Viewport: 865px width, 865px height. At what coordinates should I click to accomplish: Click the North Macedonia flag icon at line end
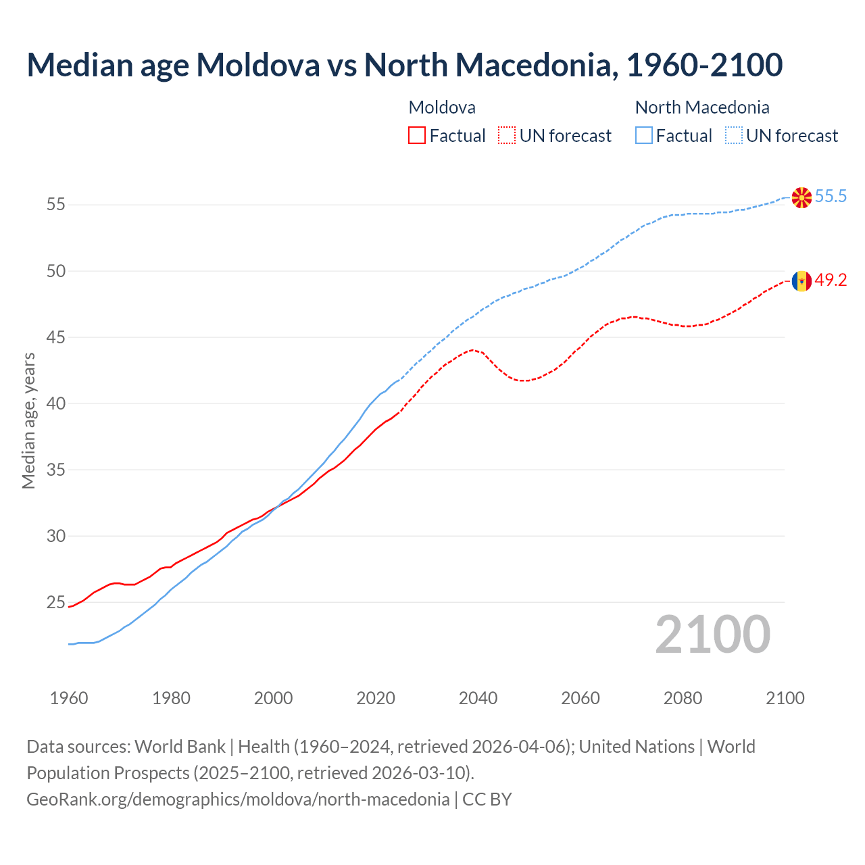[x=801, y=197]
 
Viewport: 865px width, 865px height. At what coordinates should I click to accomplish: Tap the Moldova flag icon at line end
[x=801, y=280]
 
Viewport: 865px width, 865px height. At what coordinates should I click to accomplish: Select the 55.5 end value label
[x=831, y=197]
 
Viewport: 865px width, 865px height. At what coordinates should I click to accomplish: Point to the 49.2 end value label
[x=831, y=280]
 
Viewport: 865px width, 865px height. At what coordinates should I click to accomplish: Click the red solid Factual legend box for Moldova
[x=417, y=136]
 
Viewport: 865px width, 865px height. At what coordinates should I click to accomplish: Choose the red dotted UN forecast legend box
[x=507, y=136]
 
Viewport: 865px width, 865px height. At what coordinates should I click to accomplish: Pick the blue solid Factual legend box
[x=644, y=136]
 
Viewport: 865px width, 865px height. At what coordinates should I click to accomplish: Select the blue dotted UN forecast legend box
[x=734, y=136]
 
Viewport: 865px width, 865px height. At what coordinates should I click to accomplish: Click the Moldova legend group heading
[x=442, y=107]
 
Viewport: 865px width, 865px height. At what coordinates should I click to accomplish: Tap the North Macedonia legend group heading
[x=702, y=107]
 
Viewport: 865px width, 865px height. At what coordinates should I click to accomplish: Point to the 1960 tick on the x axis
[x=69, y=698]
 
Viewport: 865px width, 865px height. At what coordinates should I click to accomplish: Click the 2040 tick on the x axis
[x=478, y=698]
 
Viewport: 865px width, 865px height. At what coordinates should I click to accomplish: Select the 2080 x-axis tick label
[x=683, y=698]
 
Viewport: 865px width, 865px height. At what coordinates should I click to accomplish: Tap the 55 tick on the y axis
[x=56, y=205]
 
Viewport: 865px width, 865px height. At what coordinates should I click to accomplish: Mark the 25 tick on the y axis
[x=56, y=602]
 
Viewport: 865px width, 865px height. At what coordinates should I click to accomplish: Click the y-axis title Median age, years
[x=28, y=420]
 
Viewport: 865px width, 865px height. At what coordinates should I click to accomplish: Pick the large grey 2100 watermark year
[x=713, y=634]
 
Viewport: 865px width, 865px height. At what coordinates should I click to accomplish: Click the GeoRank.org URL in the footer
[x=238, y=799]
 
